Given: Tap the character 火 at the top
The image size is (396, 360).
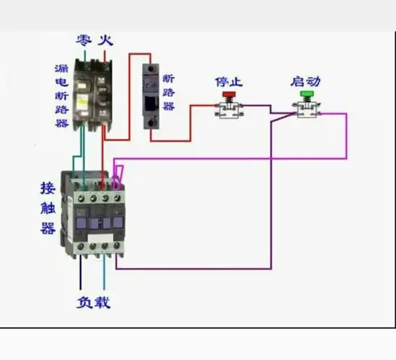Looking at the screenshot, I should [x=105, y=41].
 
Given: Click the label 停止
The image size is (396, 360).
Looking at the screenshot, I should [x=229, y=82].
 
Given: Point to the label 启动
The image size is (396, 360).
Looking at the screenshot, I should [x=306, y=82].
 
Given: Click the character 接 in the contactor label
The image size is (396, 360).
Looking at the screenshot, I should [x=48, y=189].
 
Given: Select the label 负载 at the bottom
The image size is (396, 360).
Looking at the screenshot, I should [x=94, y=302].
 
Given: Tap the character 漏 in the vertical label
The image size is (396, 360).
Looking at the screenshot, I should [x=62, y=70].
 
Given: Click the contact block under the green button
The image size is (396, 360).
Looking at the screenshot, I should [x=306, y=109].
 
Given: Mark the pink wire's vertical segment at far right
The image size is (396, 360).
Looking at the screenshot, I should [x=347, y=135].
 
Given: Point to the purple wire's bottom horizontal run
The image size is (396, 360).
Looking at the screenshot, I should [x=194, y=269].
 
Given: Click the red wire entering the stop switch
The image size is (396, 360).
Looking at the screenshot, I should [x=204, y=106].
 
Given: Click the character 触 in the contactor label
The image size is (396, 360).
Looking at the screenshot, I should [x=48, y=209].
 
